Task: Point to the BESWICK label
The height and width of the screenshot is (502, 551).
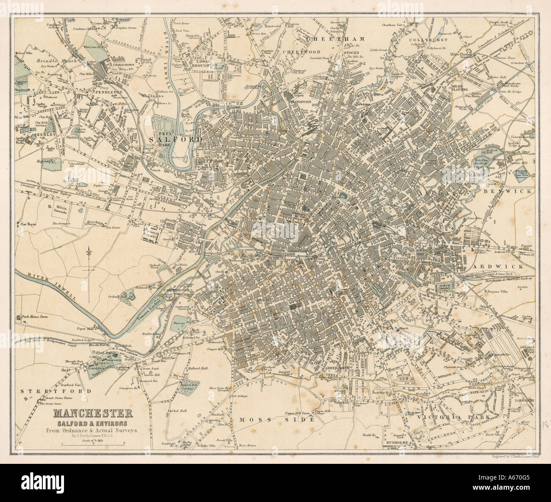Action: point(512,191)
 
